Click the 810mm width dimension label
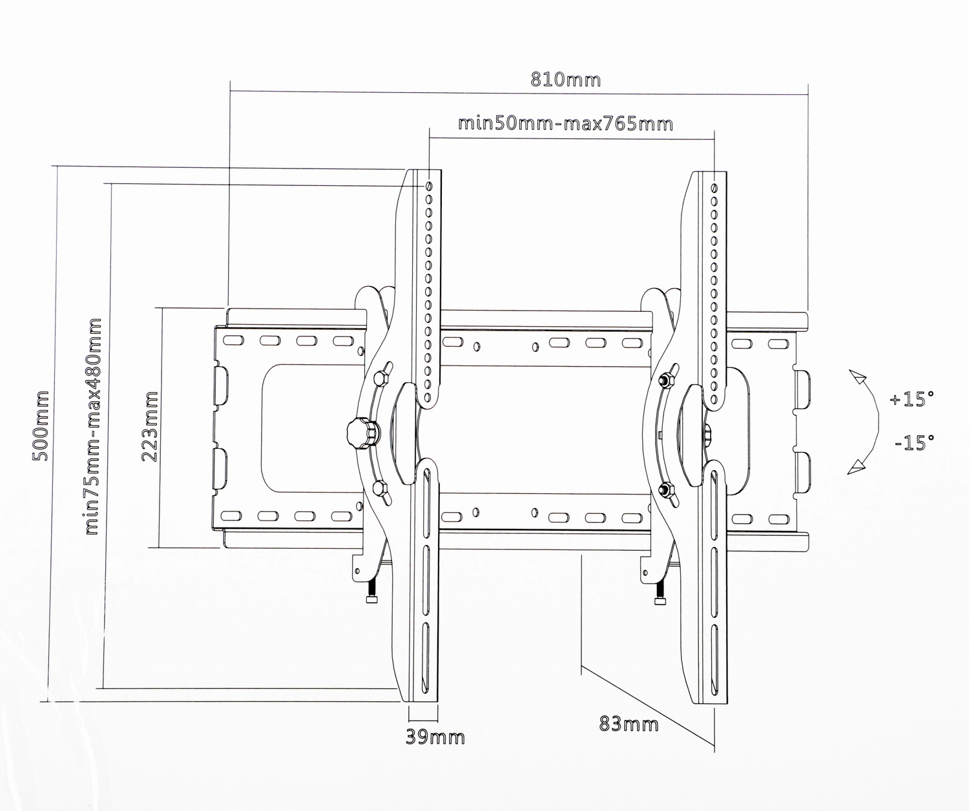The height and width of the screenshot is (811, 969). click(565, 80)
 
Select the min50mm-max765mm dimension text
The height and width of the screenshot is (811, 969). click(565, 124)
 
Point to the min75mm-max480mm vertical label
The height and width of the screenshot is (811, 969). click(93, 426)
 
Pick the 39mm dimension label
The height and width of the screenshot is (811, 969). click(435, 737)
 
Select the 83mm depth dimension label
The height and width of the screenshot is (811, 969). click(629, 723)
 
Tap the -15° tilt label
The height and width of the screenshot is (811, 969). click(914, 442)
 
